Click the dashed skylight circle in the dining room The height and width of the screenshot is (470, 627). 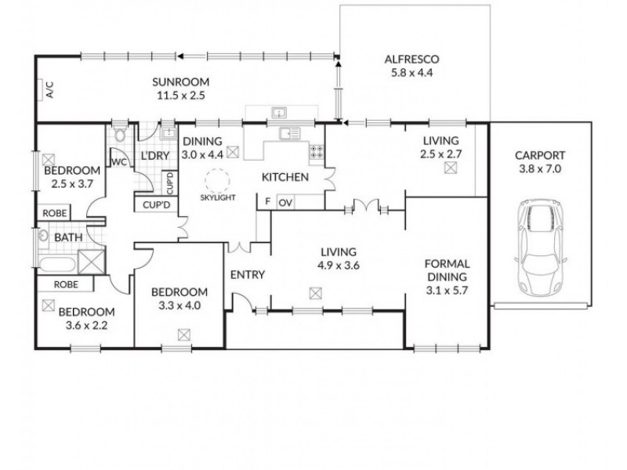click(x=215, y=183)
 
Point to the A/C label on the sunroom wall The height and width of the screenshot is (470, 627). click(x=49, y=91)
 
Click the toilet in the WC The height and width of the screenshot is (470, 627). click(x=118, y=135)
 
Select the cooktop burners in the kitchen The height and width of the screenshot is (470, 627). click(x=317, y=153)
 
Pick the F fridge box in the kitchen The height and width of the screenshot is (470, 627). click(x=266, y=202)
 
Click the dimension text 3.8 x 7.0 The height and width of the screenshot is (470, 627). click(x=541, y=168)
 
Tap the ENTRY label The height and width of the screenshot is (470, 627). click(x=248, y=275)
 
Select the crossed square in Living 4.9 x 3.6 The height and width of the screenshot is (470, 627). click(x=315, y=293)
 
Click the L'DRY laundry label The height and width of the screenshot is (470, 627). click(x=155, y=157)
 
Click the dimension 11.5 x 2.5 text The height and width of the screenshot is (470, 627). click(x=179, y=96)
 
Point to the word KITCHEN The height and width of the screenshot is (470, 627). click(x=285, y=178)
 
